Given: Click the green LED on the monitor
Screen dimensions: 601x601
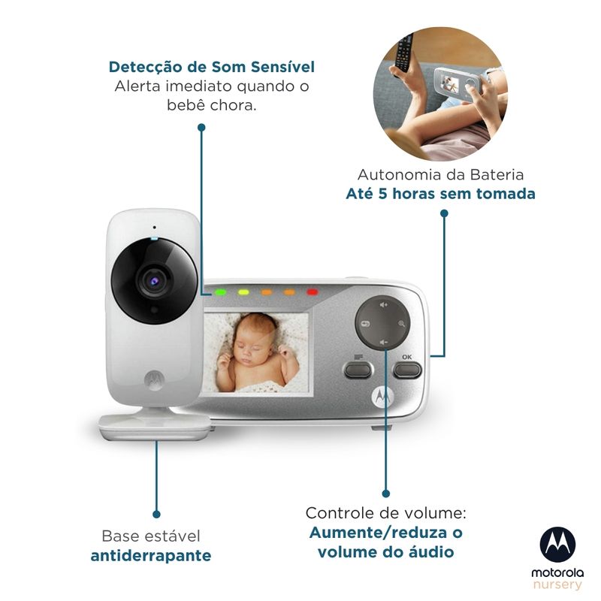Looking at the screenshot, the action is click(x=220, y=292).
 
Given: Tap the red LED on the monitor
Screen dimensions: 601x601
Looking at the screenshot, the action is click(x=312, y=292).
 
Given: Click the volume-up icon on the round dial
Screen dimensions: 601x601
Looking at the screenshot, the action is click(x=383, y=305).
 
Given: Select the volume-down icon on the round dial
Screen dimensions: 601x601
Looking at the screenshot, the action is click(x=383, y=342).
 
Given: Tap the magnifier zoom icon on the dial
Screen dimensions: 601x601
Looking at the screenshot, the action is click(x=401, y=324).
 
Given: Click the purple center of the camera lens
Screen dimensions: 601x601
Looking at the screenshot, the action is click(x=155, y=281).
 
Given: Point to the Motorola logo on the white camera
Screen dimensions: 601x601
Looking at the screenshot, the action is click(x=154, y=379).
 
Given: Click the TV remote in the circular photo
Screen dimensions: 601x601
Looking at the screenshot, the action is click(x=404, y=53).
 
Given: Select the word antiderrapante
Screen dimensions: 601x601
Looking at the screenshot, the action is click(x=151, y=555).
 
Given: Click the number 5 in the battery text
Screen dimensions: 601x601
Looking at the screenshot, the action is click(x=383, y=194).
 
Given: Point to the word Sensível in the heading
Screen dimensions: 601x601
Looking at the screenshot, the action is click(x=283, y=67).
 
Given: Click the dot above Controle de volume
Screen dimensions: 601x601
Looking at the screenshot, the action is click(x=386, y=494).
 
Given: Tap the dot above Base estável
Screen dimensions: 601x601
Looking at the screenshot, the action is click(x=156, y=514).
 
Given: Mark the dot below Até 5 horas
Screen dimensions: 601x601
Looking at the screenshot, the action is click(x=444, y=213).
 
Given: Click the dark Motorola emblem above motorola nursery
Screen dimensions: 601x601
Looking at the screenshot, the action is click(x=557, y=545).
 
